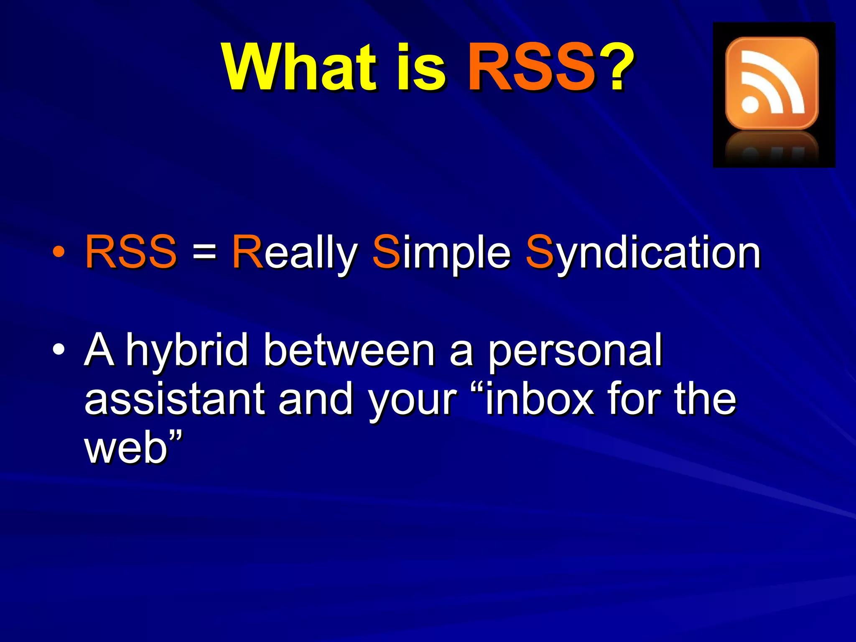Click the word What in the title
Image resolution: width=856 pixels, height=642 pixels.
pos(299,68)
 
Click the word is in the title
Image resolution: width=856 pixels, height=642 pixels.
pos(420,68)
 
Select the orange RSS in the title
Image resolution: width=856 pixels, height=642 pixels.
pos(531,68)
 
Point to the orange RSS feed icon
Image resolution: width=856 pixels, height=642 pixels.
pos(772,83)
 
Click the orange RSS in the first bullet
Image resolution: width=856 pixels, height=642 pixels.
pos(131,252)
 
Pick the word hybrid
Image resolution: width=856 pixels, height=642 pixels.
pos(188,350)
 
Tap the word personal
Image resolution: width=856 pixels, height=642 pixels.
pos(575,350)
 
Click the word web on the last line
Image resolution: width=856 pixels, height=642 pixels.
pos(126,448)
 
